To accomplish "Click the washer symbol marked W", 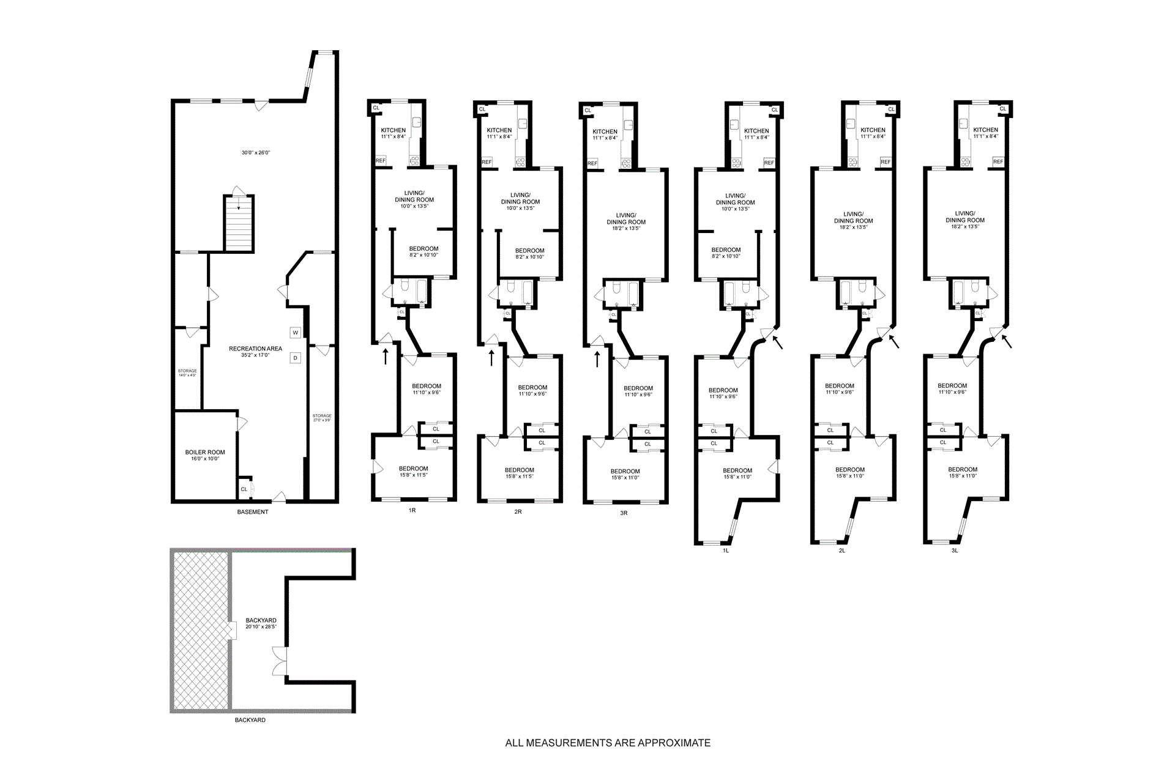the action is point(296,333).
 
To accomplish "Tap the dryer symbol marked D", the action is point(296,358).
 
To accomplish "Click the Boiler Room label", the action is point(205,453).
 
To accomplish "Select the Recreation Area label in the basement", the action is point(255,349).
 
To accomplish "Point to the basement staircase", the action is point(238,223).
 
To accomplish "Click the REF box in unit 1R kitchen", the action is point(381,161).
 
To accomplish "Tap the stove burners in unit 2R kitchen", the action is point(521,162).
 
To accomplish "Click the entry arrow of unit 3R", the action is point(597,357).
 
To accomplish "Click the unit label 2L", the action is point(842,551).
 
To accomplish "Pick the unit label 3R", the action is point(624,513).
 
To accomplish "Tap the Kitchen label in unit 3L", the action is point(985,130).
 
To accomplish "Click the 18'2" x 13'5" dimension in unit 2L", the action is point(853,227).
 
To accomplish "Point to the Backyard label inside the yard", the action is point(261,620).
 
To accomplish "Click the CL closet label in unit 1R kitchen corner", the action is point(376,108).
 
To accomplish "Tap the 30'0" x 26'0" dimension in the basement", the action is point(255,152).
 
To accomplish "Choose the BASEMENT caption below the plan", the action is point(253,512).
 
